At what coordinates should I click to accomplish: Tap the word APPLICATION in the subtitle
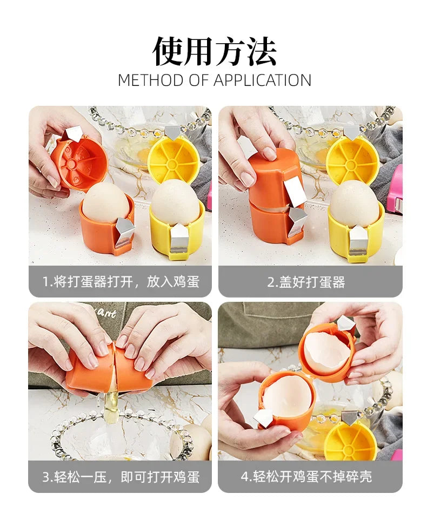pyautogui.click(x=262, y=80)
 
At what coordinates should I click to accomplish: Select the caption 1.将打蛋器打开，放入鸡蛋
pyautogui.click(x=120, y=282)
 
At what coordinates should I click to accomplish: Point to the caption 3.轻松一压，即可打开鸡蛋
pyautogui.click(x=120, y=477)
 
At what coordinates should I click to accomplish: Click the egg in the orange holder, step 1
pyautogui.click(x=105, y=202)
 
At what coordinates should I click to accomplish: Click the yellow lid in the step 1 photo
pyautogui.click(x=174, y=159)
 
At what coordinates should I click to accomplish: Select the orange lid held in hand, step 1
pyautogui.click(x=79, y=162)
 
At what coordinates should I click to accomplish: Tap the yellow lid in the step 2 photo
pyautogui.click(x=352, y=158)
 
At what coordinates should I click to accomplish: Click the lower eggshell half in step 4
pyautogui.click(x=287, y=396)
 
